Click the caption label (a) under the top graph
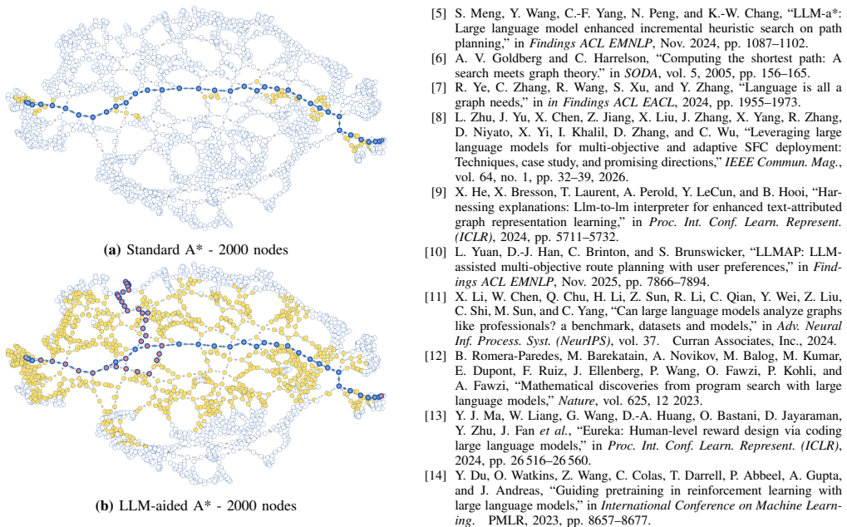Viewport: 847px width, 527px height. (x=112, y=250)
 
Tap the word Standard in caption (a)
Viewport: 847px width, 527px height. (x=152, y=249)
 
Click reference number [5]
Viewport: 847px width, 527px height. (x=439, y=13)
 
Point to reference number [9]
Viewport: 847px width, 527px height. (x=439, y=192)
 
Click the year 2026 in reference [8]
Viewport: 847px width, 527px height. (x=614, y=177)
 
